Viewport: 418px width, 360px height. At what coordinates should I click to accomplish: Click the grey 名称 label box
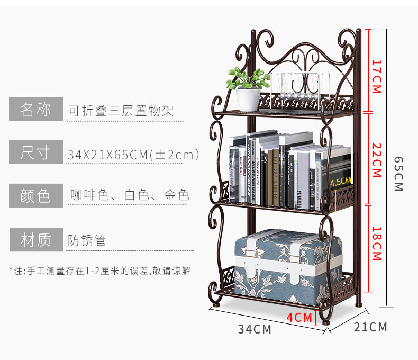click(x=36, y=110)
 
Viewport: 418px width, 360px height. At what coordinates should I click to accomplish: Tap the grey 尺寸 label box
click(x=36, y=153)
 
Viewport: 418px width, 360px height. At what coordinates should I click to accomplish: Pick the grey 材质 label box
click(x=36, y=240)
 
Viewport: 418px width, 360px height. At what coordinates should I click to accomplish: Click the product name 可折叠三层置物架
click(x=121, y=111)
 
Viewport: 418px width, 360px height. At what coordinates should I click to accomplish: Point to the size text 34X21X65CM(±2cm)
click(x=133, y=155)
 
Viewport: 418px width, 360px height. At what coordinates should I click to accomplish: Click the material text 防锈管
click(x=87, y=240)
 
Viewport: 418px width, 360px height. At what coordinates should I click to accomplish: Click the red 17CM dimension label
click(x=377, y=76)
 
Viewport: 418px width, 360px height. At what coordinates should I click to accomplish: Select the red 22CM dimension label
click(x=377, y=160)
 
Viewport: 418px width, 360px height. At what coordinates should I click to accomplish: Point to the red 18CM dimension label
click(x=377, y=244)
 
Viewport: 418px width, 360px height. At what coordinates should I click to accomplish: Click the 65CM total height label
click(x=398, y=174)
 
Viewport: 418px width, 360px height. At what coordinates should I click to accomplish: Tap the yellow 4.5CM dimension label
click(x=341, y=181)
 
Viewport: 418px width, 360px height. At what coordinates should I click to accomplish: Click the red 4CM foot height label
click(x=299, y=317)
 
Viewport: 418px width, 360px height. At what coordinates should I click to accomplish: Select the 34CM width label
click(x=255, y=329)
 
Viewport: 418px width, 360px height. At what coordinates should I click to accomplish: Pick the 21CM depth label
click(x=370, y=327)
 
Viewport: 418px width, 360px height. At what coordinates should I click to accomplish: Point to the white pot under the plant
click(x=248, y=100)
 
